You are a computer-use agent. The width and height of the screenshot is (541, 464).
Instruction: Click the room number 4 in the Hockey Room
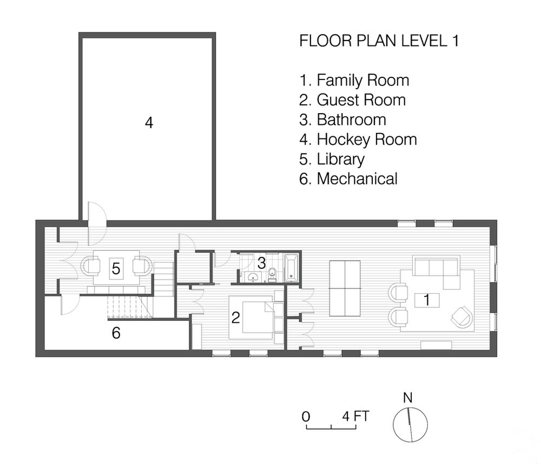(x=149, y=122)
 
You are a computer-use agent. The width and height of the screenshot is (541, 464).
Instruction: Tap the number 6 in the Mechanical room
(x=116, y=333)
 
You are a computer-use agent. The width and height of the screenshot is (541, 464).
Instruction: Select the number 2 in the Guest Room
(x=236, y=318)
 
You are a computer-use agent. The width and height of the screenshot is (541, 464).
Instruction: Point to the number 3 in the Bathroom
(x=261, y=263)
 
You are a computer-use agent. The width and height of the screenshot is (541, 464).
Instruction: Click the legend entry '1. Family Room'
(x=354, y=81)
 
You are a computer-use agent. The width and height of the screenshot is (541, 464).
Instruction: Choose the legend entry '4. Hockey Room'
(x=358, y=140)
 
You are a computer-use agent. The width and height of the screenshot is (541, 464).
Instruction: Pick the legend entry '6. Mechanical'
(x=348, y=178)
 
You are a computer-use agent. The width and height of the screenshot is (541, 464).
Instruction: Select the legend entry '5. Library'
(x=332, y=160)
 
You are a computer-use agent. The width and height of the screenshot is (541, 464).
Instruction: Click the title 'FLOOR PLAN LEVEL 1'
(x=379, y=41)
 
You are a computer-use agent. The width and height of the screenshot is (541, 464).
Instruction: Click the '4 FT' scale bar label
(x=356, y=416)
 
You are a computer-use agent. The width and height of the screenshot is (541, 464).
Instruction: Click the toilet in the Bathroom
(x=272, y=273)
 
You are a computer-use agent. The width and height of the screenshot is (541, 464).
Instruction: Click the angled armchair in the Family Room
(x=461, y=317)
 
